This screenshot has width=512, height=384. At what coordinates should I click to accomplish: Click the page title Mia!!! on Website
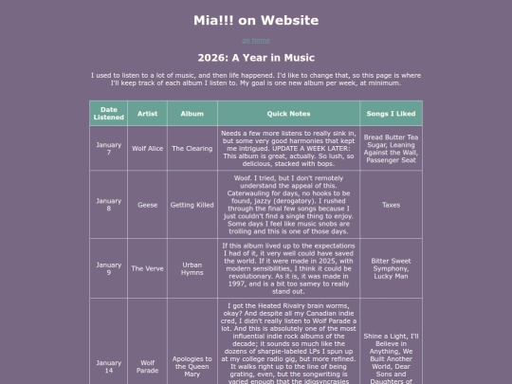[256, 19]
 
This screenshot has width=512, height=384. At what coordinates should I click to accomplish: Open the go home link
[256, 40]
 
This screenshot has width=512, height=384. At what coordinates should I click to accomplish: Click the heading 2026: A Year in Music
[256, 58]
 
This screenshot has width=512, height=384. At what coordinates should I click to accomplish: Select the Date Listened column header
[108, 113]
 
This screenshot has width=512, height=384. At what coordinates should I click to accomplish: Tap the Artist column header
[147, 113]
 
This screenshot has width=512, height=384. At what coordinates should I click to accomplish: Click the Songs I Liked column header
[391, 113]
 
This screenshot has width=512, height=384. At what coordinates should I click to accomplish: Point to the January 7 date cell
[108, 148]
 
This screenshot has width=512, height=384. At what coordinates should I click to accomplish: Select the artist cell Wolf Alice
[147, 148]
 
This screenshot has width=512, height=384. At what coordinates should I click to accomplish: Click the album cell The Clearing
[192, 148]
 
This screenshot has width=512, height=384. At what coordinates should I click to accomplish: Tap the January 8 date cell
[108, 204]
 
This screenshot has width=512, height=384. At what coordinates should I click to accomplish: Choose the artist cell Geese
[147, 204]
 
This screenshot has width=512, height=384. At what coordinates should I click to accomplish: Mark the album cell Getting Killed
[192, 204]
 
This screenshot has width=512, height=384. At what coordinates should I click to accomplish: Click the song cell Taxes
[391, 204]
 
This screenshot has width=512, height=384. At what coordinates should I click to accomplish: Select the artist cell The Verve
[147, 268]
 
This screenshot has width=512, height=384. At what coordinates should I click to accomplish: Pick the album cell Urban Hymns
[192, 268]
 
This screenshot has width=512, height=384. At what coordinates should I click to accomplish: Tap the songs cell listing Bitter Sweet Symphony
[391, 268]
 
